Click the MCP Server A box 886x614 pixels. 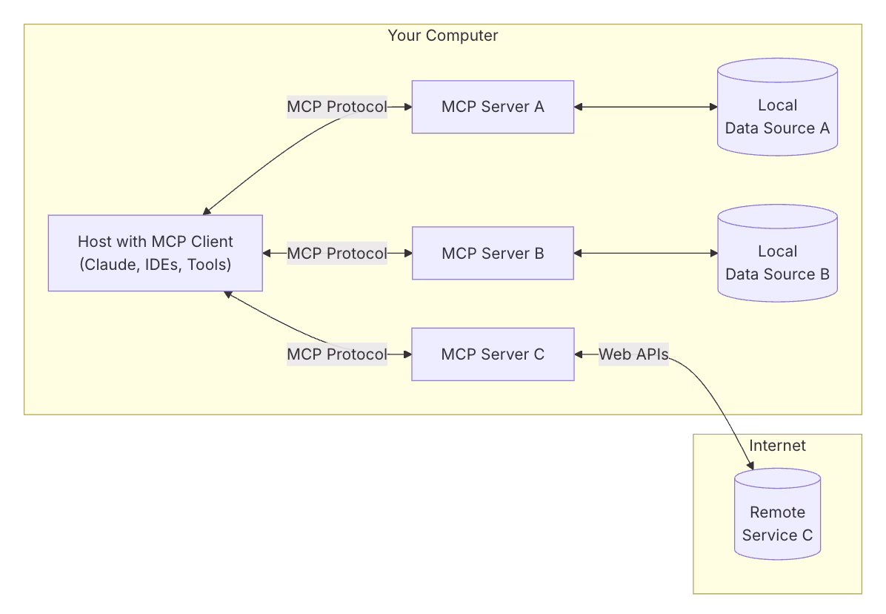pos(493,107)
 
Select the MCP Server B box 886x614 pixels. pos(493,253)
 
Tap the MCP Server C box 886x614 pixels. pos(493,354)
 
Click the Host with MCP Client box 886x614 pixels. pos(156,253)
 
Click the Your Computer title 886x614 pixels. pos(443,36)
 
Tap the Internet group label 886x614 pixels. pos(777,446)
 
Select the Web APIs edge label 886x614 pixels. pos(633,354)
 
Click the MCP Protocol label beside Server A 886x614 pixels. pos(337,107)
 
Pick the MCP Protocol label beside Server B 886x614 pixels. pos(337,253)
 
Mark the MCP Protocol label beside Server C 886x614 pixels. pos(337,354)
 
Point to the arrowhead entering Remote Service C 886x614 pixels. pos(750,466)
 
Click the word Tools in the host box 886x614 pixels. pos(207,264)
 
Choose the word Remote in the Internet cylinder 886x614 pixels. pos(777,512)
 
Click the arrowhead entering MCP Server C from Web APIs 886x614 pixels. pos(579,354)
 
